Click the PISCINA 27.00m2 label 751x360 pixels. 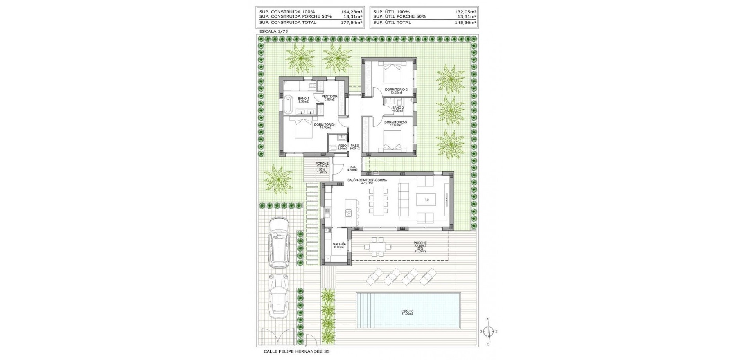407,312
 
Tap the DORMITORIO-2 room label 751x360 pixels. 396,91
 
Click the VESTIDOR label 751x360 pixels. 329,98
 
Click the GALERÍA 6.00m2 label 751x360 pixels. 339,245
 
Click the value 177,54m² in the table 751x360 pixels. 351,23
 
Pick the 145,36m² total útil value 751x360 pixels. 465,23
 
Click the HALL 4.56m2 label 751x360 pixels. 352,168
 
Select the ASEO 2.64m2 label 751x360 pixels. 342,147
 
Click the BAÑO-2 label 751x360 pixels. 398,109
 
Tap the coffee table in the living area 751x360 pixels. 427,200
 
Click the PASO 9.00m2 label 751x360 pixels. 354,147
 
